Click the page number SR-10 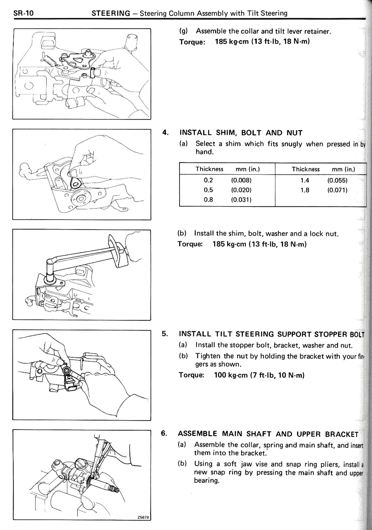coord(24,13)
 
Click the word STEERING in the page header coord(111,13)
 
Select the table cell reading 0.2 coord(208,180)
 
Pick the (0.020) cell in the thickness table coord(241,190)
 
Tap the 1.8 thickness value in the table coord(305,190)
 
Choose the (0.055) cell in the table coord(337,181)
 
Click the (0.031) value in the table coord(241,200)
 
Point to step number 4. coord(165,133)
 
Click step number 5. coord(165,333)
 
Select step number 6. coord(164,433)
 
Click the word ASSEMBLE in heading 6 coord(197,434)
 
